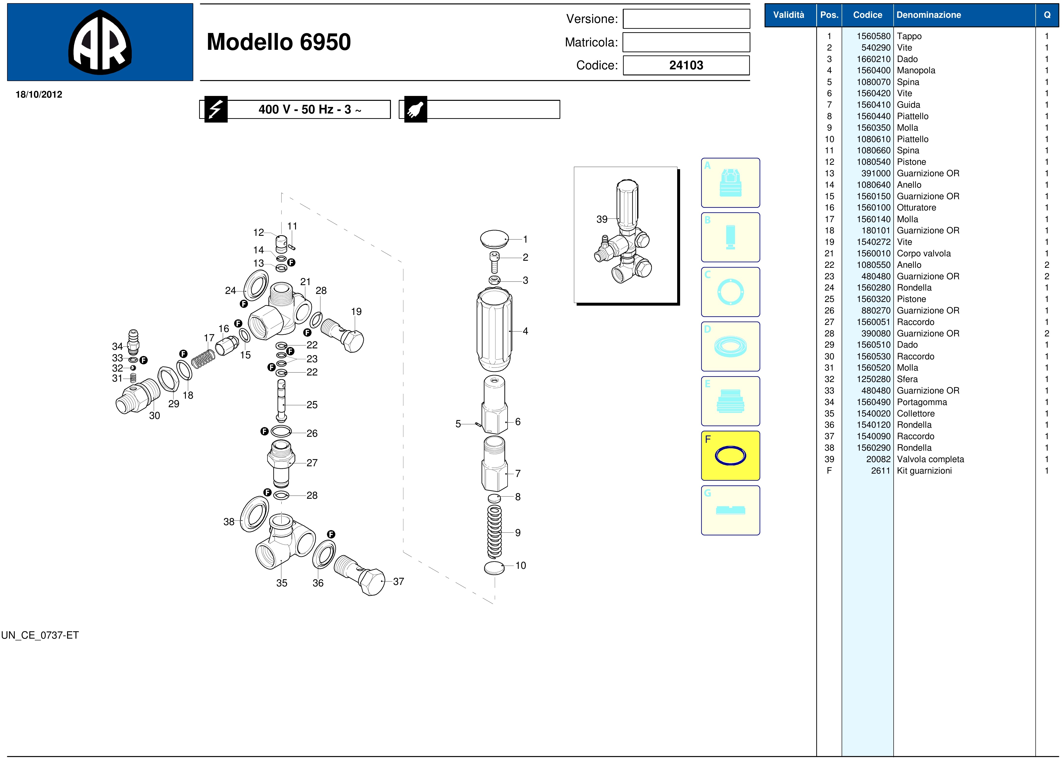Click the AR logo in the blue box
[x=100, y=42]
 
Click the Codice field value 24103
[x=686, y=65]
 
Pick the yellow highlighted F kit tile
[x=730, y=456]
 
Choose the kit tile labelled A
[x=730, y=183]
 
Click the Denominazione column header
[x=929, y=15]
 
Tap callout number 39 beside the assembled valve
[x=602, y=219]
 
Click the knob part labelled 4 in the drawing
[x=494, y=329]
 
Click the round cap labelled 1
[x=495, y=239]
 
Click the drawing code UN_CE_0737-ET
[x=40, y=635]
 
